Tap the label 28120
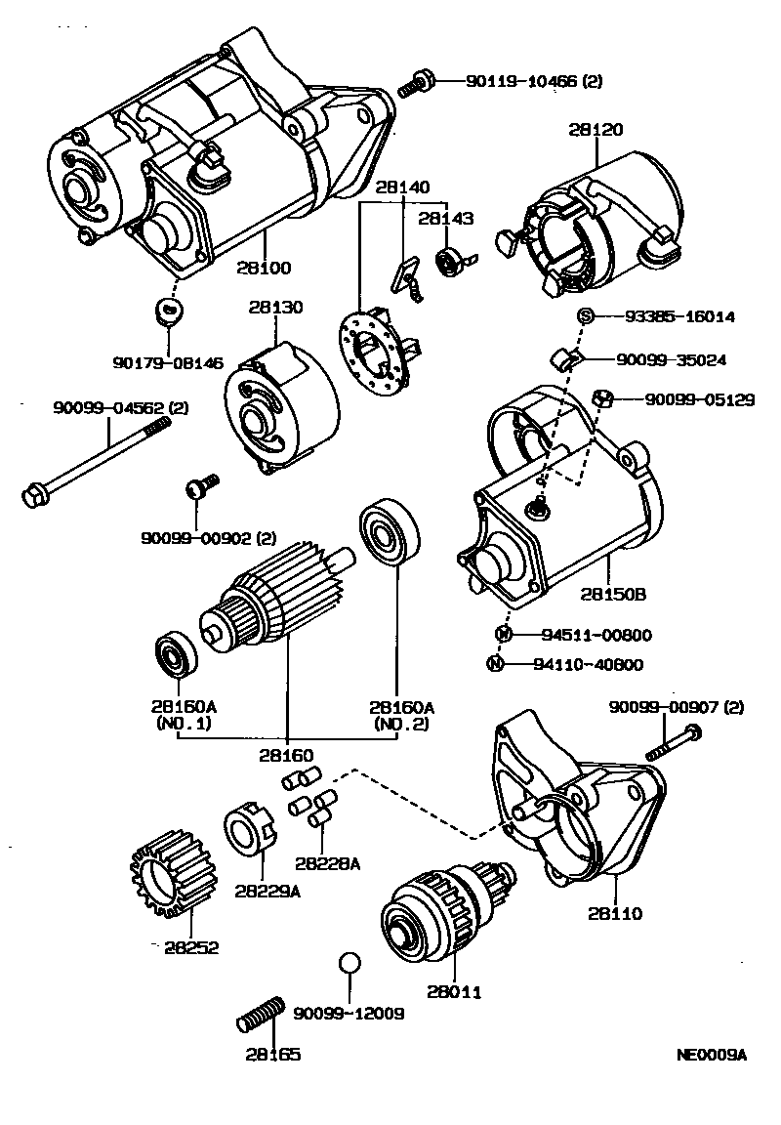click(x=596, y=129)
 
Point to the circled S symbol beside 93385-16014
click(x=586, y=315)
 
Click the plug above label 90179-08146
click(x=169, y=312)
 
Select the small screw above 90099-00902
click(x=201, y=484)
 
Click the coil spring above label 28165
click(x=261, y=1014)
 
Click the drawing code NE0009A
click(x=711, y=1055)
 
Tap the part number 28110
click(x=615, y=914)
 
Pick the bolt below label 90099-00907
click(x=674, y=744)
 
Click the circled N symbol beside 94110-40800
click(x=495, y=665)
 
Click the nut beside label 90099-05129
click(x=602, y=397)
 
